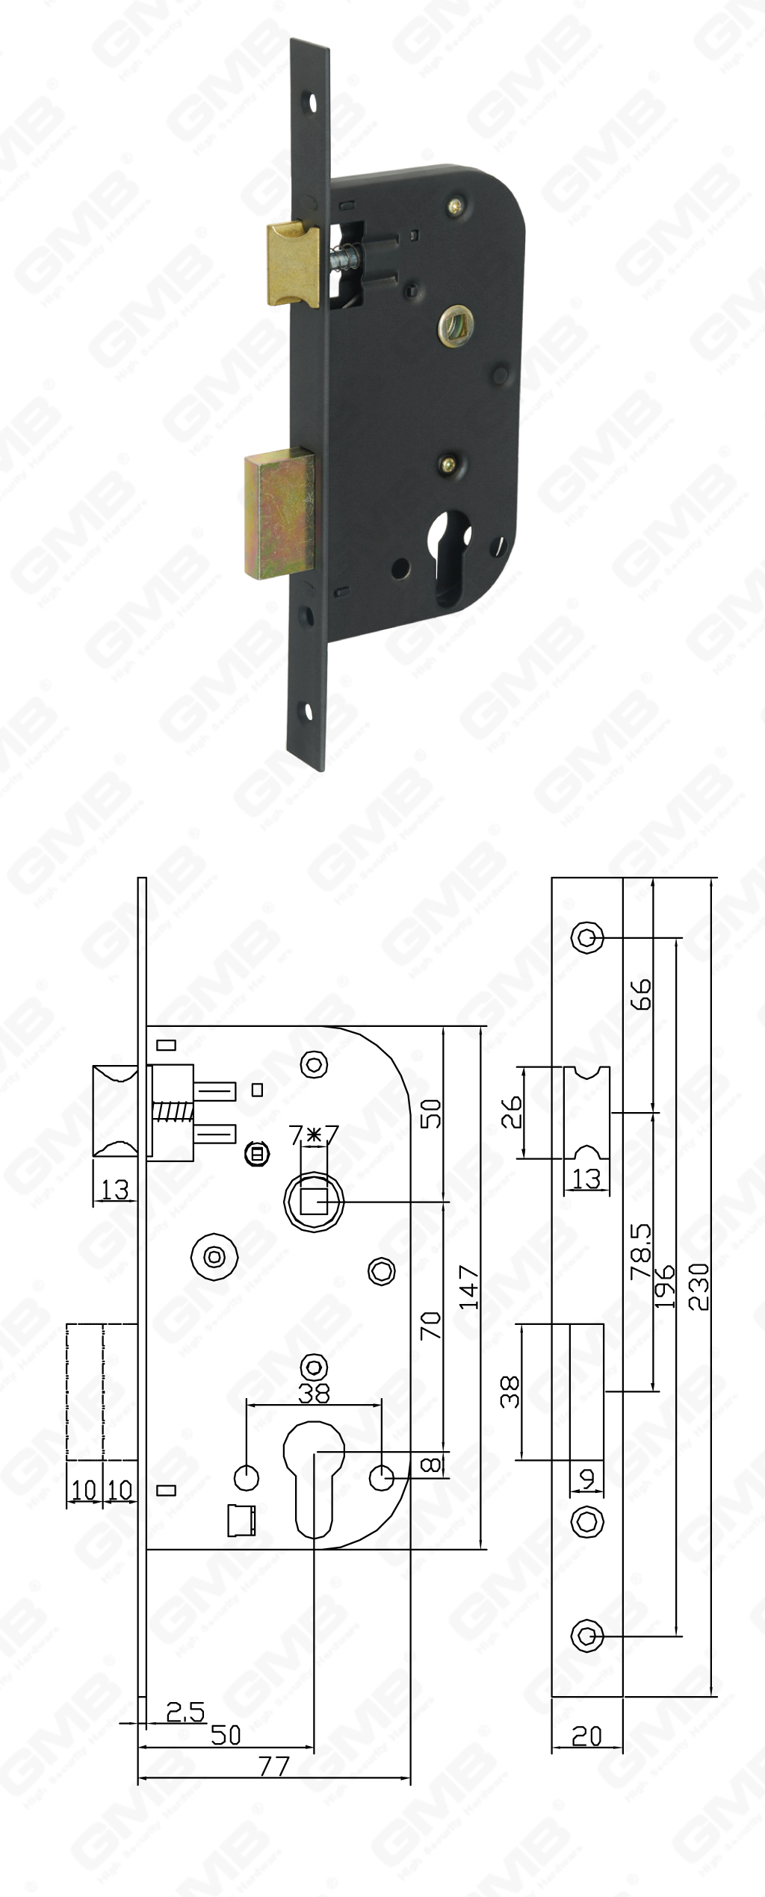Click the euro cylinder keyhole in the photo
click(x=450, y=553)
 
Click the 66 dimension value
click(x=641, y=994)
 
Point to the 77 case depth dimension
click(x=273, y=1766)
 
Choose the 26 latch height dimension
click(x=511, y=1112)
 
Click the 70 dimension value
click(x=432, y=1326)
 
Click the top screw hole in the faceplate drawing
click(x=587, y=937)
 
